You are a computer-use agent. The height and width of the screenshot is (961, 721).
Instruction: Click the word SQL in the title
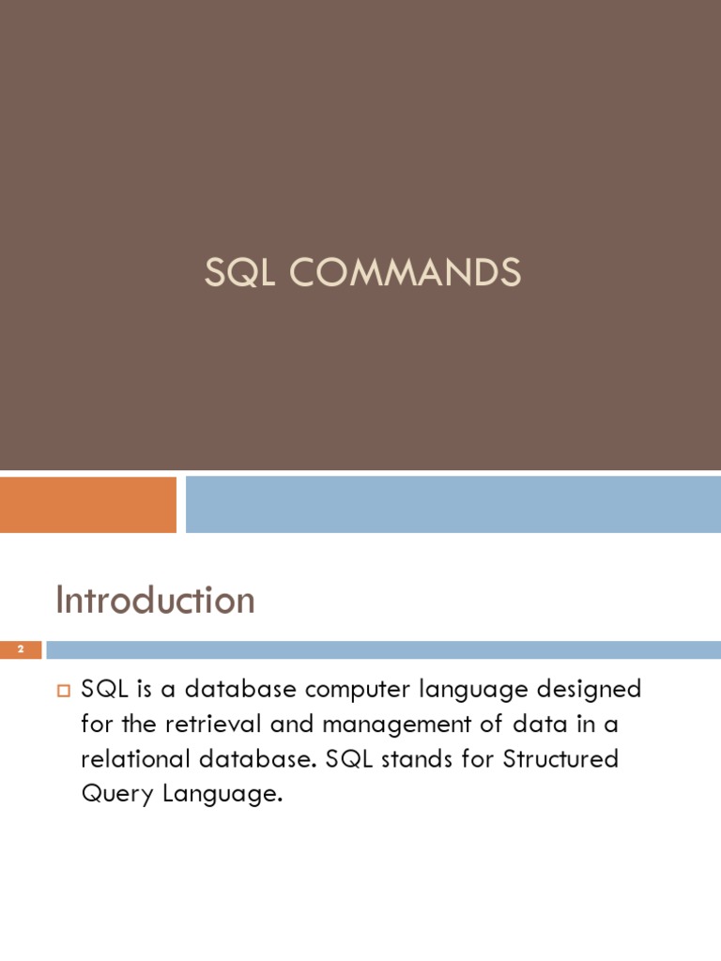[238, 273]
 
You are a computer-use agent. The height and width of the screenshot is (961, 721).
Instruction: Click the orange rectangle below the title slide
[88, 504]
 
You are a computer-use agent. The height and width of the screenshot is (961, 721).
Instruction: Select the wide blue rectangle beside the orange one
[453, 504]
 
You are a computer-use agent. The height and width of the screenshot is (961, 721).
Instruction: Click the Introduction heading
[155, 601]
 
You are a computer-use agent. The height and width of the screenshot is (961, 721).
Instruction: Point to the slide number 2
[20, 649]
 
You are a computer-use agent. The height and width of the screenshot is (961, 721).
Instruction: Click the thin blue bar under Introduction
[383, 649]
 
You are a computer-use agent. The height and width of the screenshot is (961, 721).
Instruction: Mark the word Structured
[561, 759]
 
